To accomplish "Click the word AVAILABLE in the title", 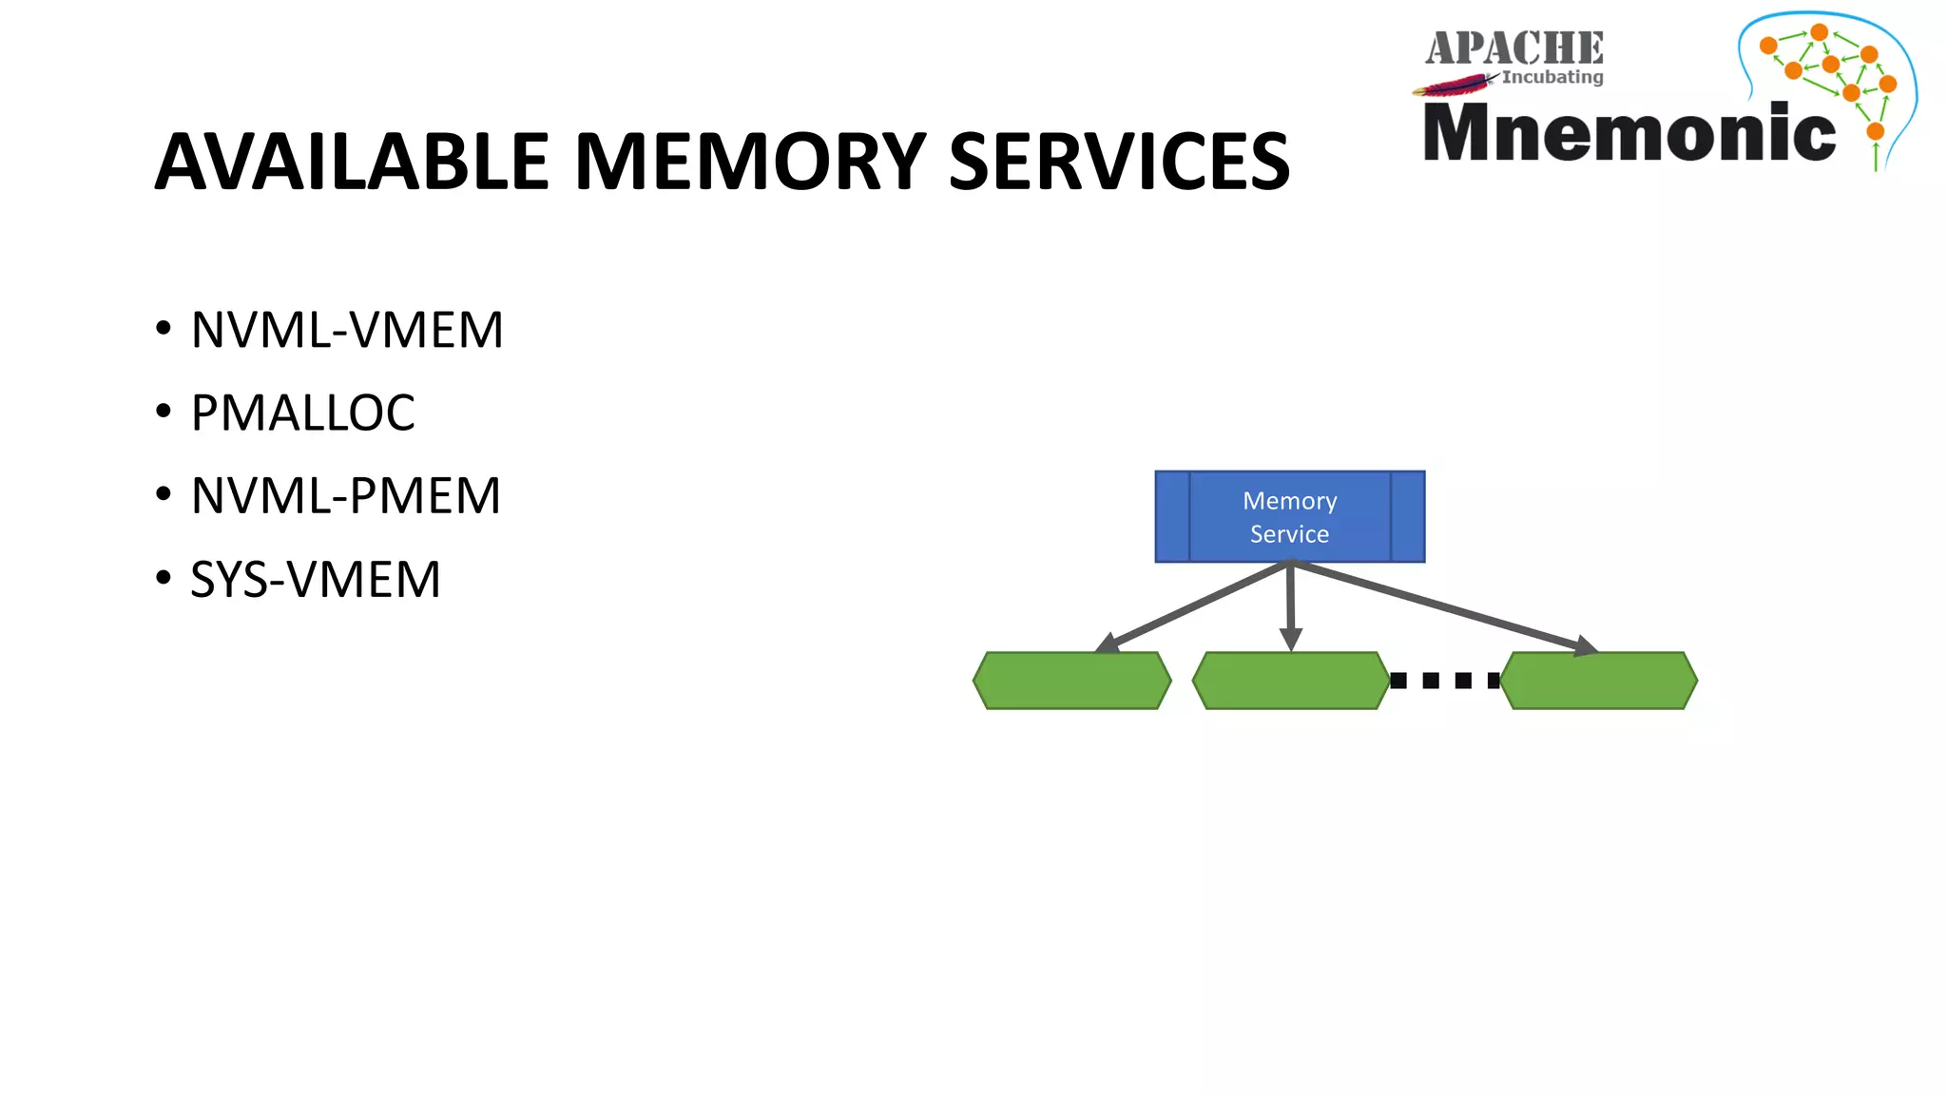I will click(352, 162).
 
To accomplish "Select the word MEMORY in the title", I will click(750, 162).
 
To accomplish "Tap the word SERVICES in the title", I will click(1119, 162).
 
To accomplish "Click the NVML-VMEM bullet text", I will click(346, 330).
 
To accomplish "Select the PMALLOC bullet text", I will click(302, 413).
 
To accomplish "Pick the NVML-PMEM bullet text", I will click(345, 496).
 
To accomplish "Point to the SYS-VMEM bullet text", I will click(315, 580).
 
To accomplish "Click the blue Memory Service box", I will click(1289, 517).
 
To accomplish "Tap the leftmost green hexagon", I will click(1071, 681).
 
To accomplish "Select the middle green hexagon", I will click(1290, 681).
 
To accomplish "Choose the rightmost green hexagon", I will click(1599, 681).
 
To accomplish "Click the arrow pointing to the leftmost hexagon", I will click(1195, 605).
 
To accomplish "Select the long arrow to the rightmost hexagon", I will click(1445, 606).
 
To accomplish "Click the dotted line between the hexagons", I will click(1445, 681).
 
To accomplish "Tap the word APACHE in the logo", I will click(1513, 48).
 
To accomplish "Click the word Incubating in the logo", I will click(1552, 77).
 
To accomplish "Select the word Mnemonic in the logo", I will click(1629, 132).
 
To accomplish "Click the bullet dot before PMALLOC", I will click(164, 413).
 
